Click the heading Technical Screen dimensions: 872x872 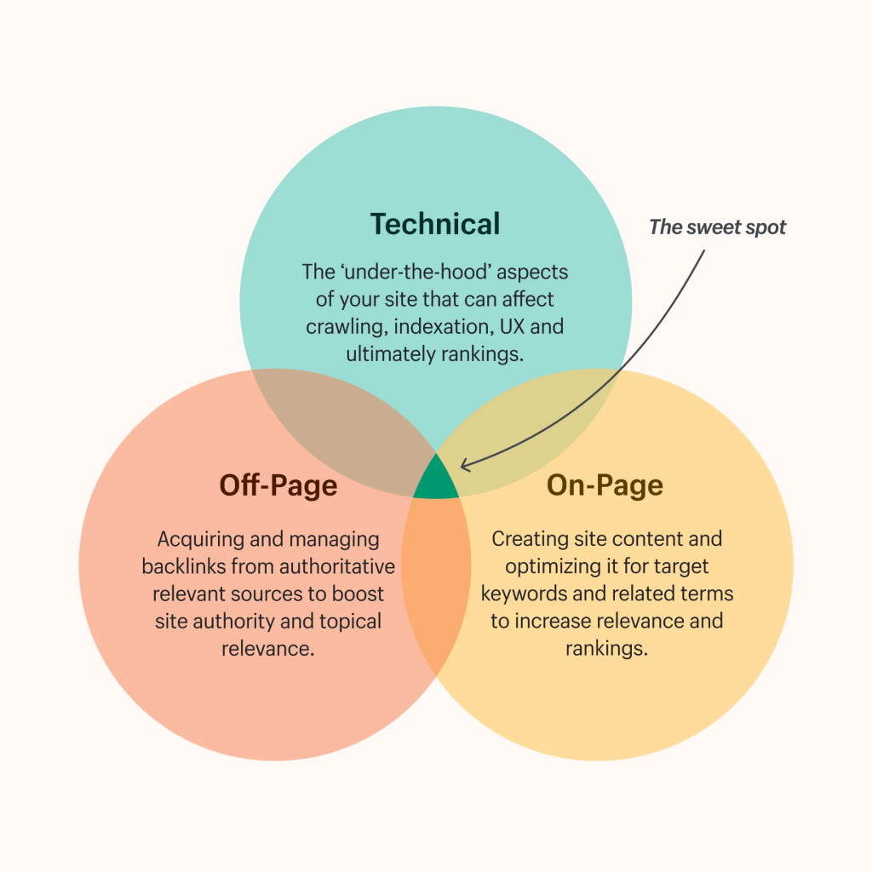coord(435,224)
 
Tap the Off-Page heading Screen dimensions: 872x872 coord(278,485)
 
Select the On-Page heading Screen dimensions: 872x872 coord(605,485)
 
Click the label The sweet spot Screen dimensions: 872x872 coord(717,227)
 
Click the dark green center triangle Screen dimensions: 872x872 coord(436,480)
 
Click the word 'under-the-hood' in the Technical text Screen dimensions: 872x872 coord(416,272)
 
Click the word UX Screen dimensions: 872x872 coord(512,326)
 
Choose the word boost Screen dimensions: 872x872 coord(359,594)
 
